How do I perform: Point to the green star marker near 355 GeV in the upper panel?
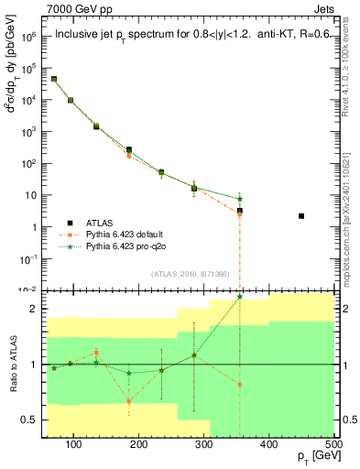(240, 199)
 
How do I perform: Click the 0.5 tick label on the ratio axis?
(31, 420)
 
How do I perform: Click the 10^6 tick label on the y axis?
(29, 38)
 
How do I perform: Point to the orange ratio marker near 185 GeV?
(129, 401)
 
